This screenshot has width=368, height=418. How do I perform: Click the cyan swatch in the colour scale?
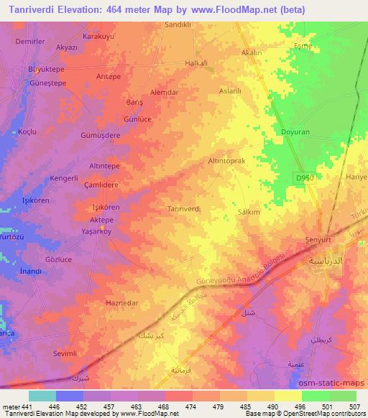click(42, 396)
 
